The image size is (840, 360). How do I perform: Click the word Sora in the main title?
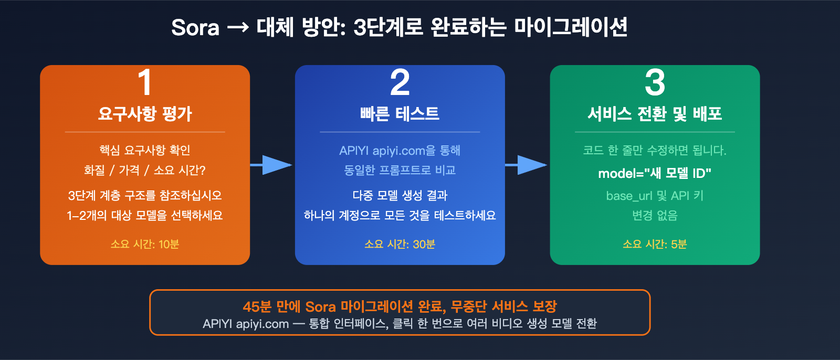(195, 27)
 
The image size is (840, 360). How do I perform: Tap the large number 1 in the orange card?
(145, 82)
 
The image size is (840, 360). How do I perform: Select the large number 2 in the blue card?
(400, 82)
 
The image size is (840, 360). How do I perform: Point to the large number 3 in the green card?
(655, 82)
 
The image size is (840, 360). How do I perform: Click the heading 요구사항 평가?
(145, 113)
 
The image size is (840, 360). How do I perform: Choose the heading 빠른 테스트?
(400, 113)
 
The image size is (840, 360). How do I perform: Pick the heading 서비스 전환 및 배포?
(655, 113)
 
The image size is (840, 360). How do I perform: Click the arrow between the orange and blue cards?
(272, 165)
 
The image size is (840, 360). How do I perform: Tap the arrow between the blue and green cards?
(527, 165)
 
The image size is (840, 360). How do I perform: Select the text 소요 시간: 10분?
(145, 244)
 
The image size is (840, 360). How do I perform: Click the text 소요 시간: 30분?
(400, 244)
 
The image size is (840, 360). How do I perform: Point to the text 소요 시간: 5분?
(655, 244)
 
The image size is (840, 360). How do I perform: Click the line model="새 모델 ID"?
(655, 173)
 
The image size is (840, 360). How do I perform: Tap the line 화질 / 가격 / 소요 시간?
(145, 170)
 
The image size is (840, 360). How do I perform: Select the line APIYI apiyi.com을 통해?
(400, 151)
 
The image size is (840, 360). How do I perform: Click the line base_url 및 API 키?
(655, 196)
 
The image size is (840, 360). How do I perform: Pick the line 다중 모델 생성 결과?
(400, 196)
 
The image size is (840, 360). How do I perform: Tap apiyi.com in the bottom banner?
(262, 324)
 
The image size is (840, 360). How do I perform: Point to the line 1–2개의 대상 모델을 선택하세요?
(145, 215)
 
